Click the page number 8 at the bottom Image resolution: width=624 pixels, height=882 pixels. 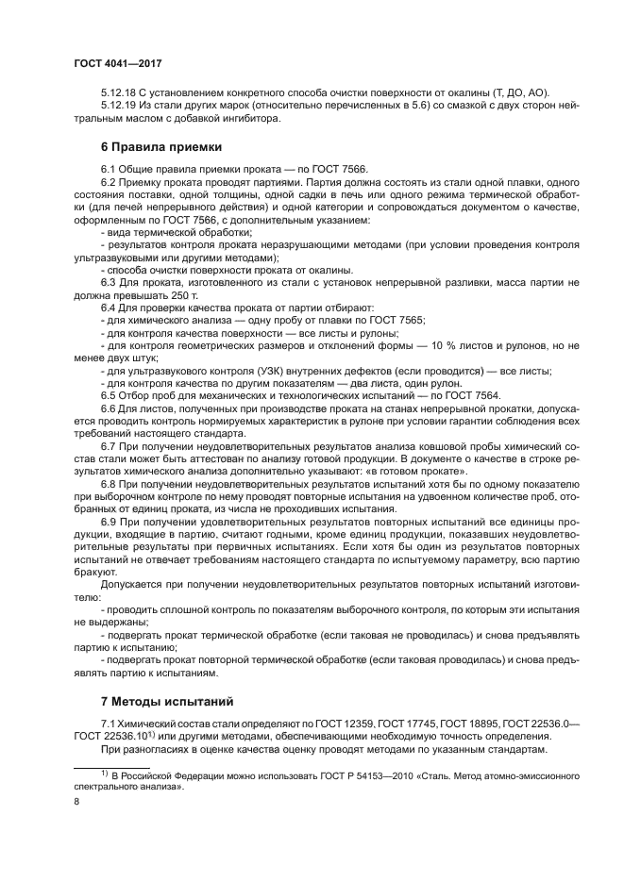click(76, 801)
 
